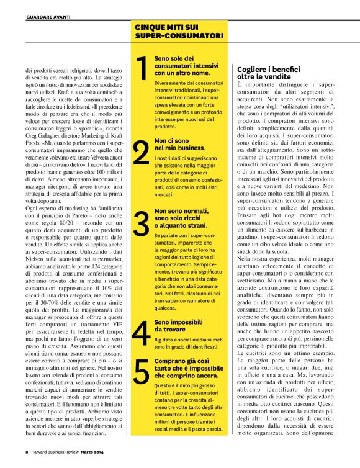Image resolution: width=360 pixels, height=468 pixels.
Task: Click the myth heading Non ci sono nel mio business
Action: (179, 145)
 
